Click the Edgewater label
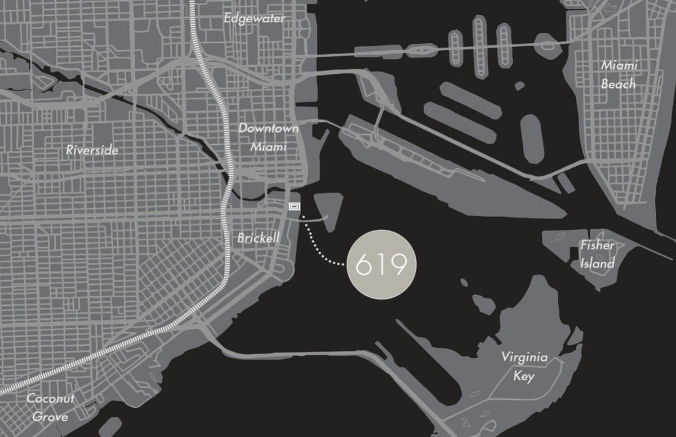click(x=255, y=18)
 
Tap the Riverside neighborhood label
click(x=92, y=150)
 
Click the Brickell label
click(x=258, y=238)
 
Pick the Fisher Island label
click(x=597, y=255)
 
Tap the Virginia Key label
click(x=524, y=367)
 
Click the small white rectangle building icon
click(x=294, y=207)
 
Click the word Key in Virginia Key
click(x=523, y=376)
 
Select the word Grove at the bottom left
click(x=50, y=417)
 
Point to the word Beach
click(x=619, y=84)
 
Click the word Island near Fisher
click(x=597, y=264)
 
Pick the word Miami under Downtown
click(x=269, y=146)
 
